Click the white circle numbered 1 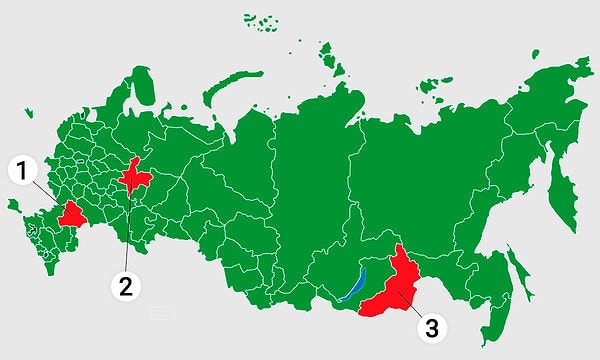(23, 171)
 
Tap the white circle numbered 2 (125, 286)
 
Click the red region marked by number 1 (72, 214)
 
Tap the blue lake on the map (353, 285)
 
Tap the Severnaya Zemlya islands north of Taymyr (328, 56)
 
